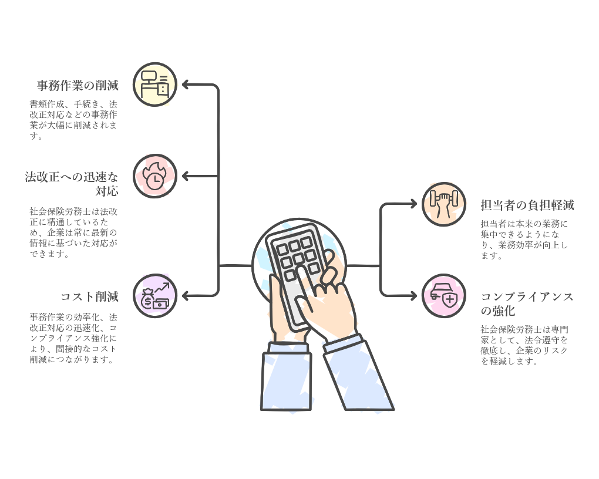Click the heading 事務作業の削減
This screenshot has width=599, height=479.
(x=78, y=86)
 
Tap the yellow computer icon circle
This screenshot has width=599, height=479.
(x=155, y=85)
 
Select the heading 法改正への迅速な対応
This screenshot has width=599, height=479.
(x=72, y=184)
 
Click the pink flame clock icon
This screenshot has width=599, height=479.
(x=155, y=176)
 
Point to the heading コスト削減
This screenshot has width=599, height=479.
(x=89, y=296)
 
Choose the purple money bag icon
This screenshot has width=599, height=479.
(x=155, y=296)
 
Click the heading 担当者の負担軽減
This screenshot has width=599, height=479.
(x=527, y=205)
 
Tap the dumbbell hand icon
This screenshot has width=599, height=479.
(x=444, y=204)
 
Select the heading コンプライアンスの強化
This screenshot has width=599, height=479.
(x=527, y=303)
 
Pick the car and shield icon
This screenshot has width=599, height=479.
(x=444, y=296)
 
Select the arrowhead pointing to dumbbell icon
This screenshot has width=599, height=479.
(x=413, y=204)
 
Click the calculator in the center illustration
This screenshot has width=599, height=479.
(x=297, y=270)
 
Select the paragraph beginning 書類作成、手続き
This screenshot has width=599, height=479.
(x=73, y=120)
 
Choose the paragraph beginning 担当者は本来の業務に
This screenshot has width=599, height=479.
(x=524, y=239)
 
